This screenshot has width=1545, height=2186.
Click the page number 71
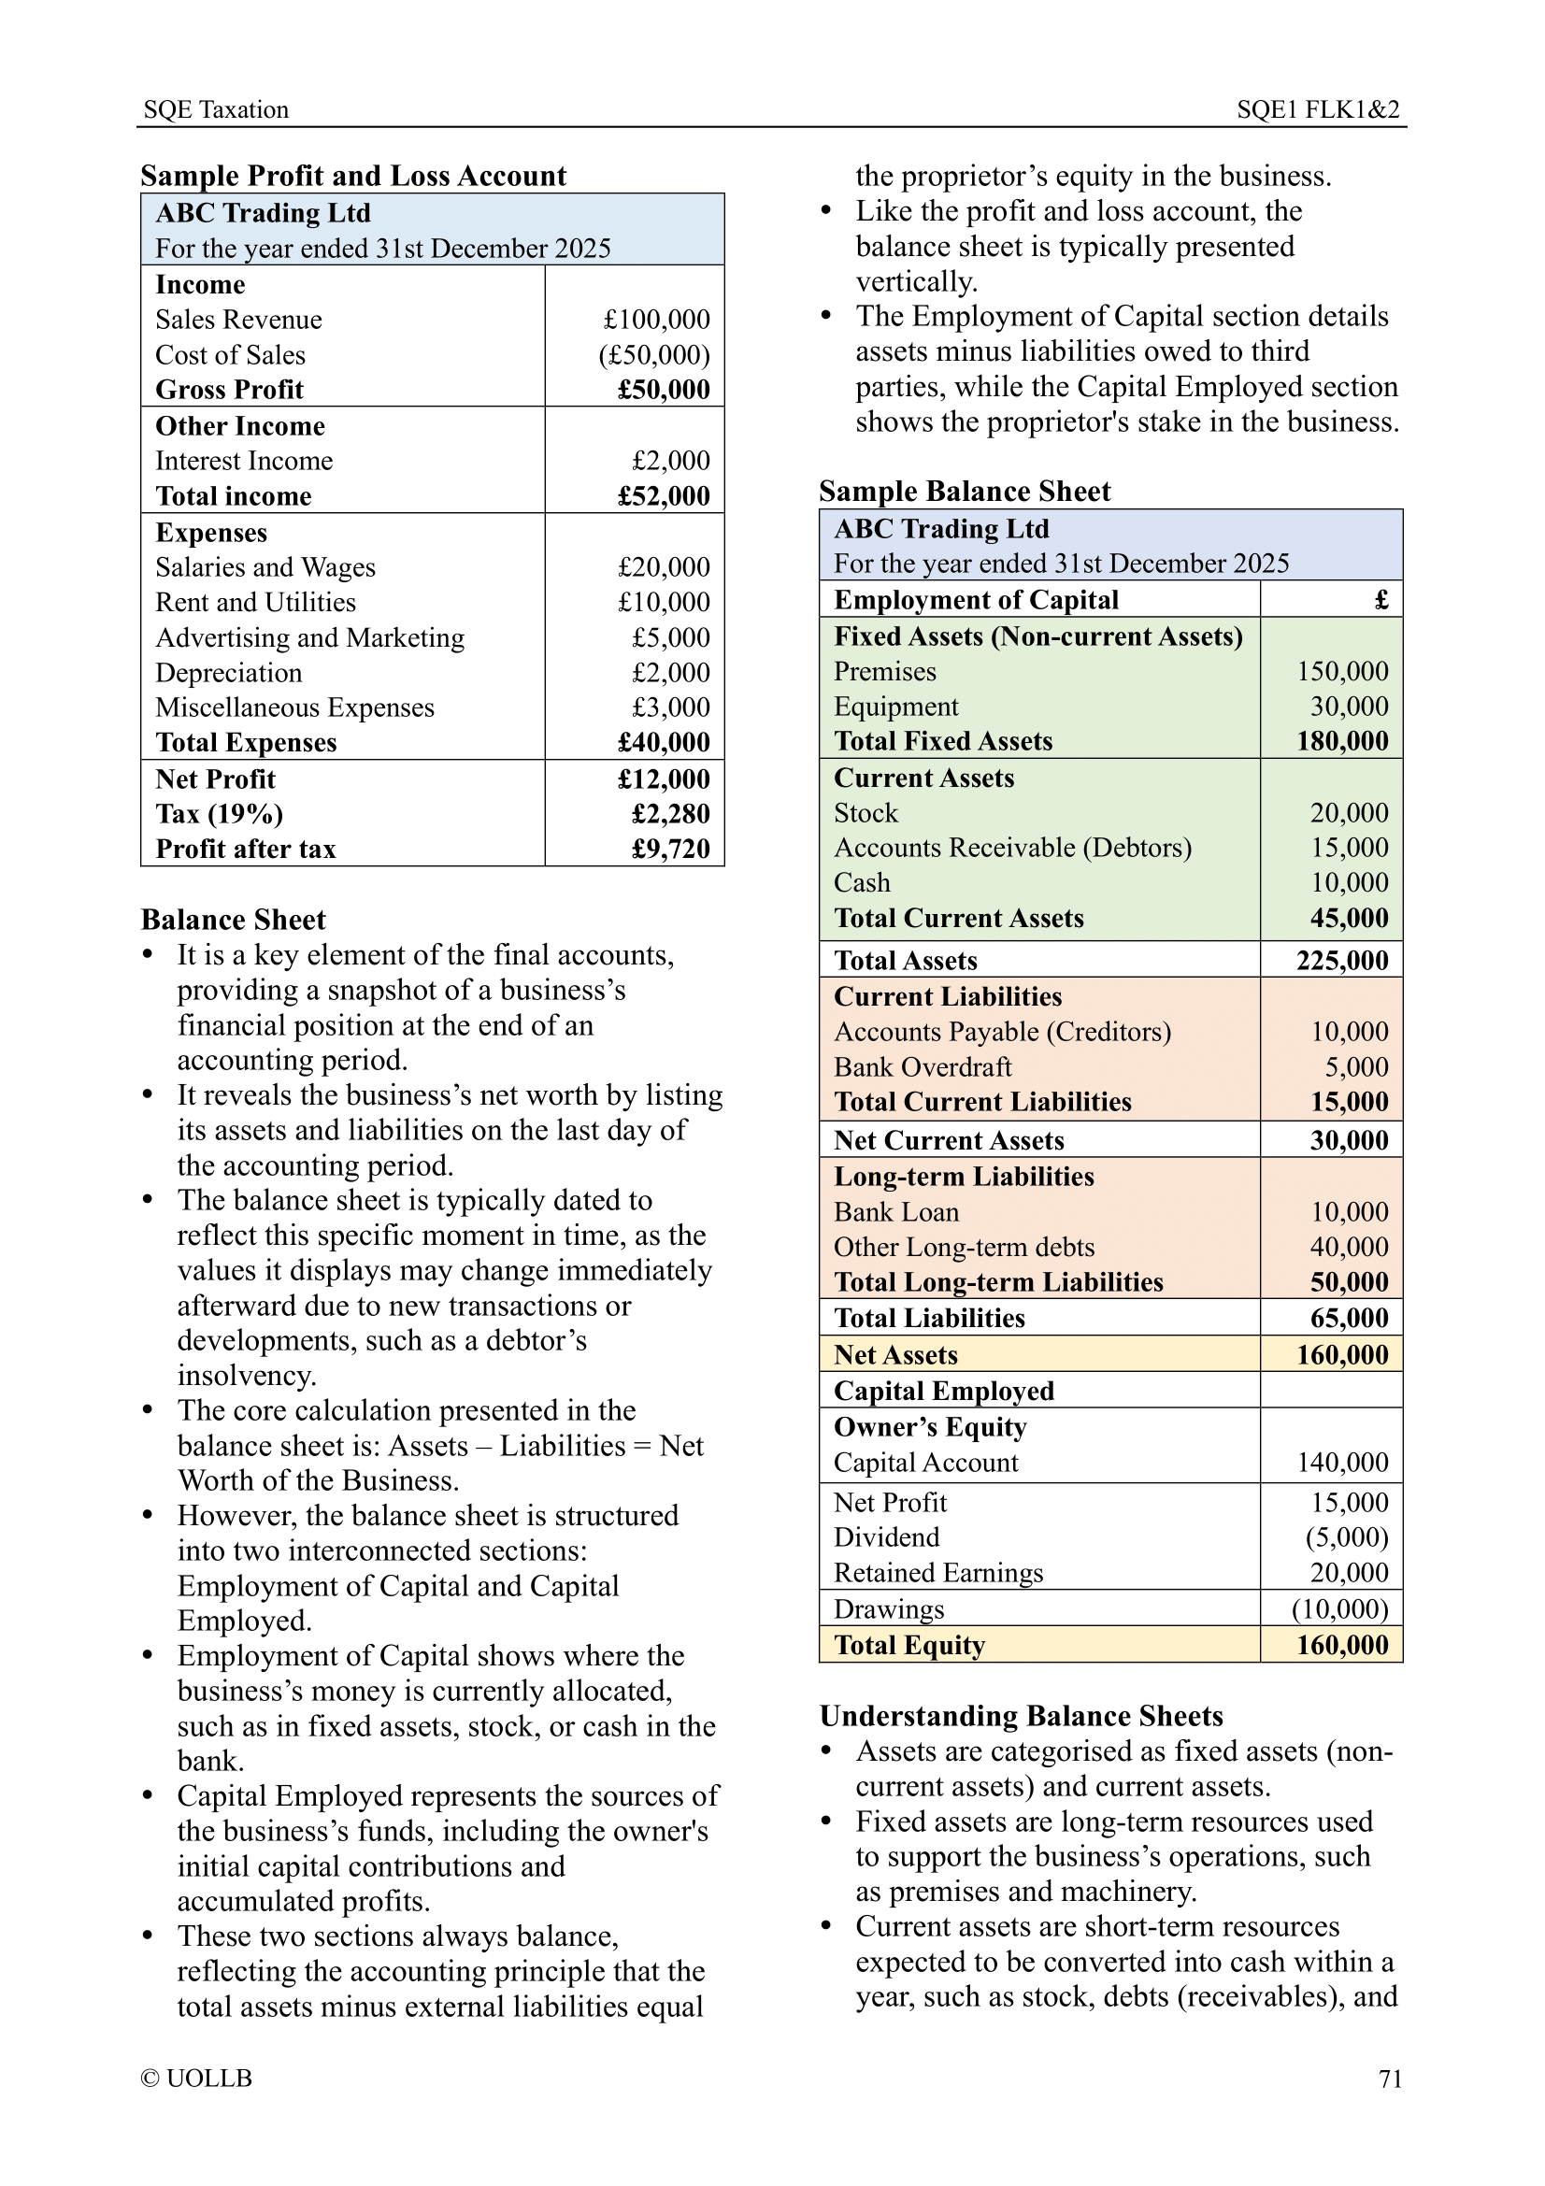[x=1389, y=2079]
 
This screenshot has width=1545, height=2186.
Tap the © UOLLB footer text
[x=196, y=2079]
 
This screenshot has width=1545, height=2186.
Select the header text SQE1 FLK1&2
[x=1318, y=109]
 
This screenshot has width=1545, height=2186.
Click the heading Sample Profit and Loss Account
[x=353, y=176]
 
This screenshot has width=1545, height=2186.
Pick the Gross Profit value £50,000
[x=664, y=390]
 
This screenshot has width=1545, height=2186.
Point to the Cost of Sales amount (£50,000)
[x=654, y=355]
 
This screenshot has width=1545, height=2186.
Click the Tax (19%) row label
[x=219, y=814]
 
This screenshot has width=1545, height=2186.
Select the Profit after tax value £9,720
[x=670, y=850]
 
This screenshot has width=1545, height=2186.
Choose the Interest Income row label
[x=244, y=461]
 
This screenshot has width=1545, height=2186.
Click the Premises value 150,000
[x=1342, y=671]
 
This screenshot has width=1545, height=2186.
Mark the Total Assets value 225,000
[x=1342, y=961]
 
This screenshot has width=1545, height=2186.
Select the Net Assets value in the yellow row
[x=1342, y=1355]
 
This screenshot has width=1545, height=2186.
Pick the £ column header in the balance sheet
[x=1381, y=600]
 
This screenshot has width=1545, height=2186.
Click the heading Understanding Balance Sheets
[x=1021, y=1716]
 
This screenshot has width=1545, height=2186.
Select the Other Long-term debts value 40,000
[x=1349, y=1248]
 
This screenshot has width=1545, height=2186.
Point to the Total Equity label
[x=909, y=1645]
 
